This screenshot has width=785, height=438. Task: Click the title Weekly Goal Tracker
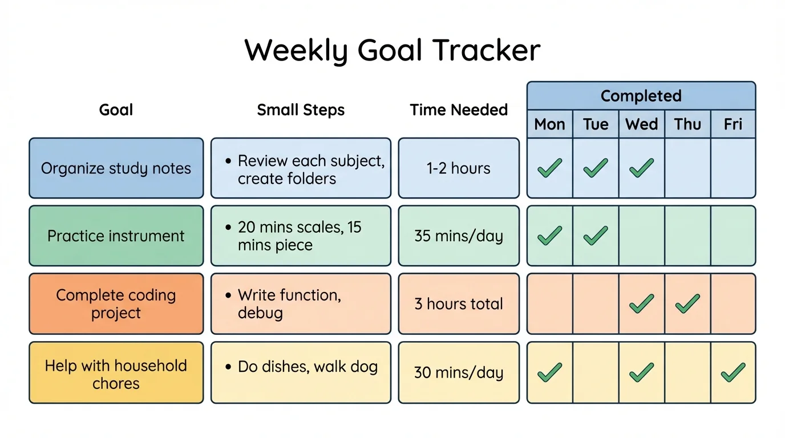click(x=392, y=50)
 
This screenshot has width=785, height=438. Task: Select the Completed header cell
click(x=641, y=96)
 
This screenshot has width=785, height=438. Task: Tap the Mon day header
click(x=549, y=124)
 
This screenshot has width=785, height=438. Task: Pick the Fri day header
click(x=733, y=124)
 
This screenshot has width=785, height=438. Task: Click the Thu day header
click(x=687, y=124)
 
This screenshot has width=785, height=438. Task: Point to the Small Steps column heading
click(x=301, y=110)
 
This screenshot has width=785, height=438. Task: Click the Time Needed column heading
click(x=459, y=110)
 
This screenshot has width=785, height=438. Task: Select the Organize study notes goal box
click(x=116, y=168)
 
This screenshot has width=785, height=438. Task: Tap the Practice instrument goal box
click(x=116, y=236)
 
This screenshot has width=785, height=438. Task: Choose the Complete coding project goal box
click(x=116, y=304)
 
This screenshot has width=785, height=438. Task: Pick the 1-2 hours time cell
click(x=459, y=168)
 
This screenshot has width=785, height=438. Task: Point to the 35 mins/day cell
click(x=459, y=236)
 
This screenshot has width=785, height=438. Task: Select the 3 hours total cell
click(x=459, y=304)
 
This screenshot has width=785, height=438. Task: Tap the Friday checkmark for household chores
click(x=733, y=372)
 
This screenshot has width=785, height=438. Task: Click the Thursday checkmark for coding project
click(x=687, y=304)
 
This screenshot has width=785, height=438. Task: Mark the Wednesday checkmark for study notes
click(x=641, y=168)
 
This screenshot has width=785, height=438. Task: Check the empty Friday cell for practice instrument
click(x=733, y=236)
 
